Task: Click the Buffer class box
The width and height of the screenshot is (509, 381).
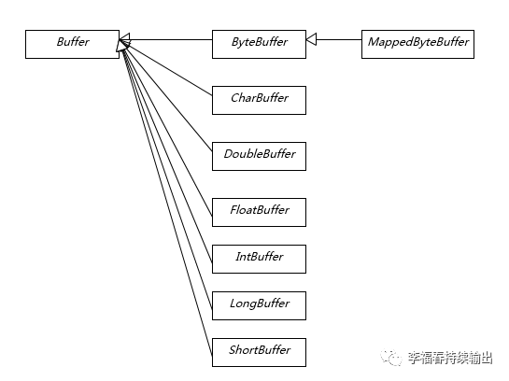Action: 72,42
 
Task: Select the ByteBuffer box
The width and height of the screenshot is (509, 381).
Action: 259,42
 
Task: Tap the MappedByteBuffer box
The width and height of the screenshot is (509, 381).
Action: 417,42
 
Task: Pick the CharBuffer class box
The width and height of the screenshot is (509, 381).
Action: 259,98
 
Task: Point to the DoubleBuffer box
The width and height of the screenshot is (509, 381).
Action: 259,154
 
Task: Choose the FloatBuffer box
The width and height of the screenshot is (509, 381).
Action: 259,210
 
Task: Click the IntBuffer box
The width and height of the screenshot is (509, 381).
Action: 259,257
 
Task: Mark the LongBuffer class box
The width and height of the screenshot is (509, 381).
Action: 259,303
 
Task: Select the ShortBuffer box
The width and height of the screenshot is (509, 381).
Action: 259,350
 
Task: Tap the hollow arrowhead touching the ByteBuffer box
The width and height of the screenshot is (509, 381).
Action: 312,41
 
